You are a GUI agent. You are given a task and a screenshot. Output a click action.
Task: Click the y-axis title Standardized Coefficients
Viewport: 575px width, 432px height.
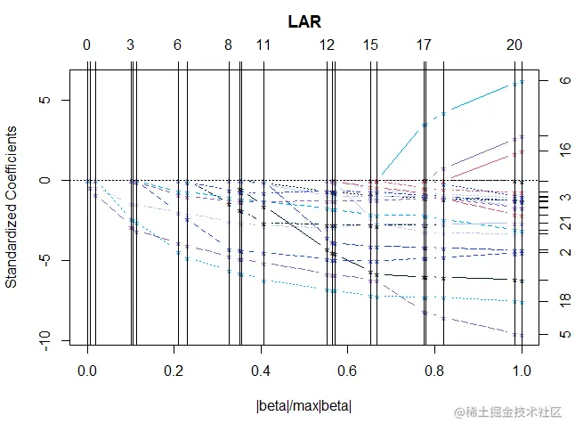pos(12,206)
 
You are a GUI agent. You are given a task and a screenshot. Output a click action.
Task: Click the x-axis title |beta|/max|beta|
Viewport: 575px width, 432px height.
pos(304,407)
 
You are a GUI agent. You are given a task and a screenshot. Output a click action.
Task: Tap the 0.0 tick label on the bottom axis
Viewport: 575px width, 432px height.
pos(86,369)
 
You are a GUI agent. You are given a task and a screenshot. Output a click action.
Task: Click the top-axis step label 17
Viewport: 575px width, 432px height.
pos(424,45)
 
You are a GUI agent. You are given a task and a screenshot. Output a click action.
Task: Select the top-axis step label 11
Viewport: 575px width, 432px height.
pos(263,45)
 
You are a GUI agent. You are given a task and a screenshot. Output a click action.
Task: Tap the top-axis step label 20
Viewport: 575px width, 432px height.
pos(514,45)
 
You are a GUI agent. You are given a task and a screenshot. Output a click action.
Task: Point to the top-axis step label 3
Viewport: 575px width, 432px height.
pos(131,45)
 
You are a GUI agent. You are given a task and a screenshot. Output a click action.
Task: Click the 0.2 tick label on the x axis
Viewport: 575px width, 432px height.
pos(174,369)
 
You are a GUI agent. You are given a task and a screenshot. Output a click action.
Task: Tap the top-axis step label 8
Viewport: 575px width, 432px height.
pos(229,45)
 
